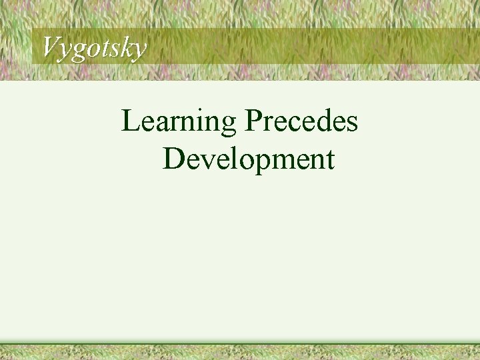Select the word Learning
[179, 123]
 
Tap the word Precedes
[301, 121]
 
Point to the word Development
[248, 159]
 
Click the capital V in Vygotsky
[51, 47]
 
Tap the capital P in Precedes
[253, 121]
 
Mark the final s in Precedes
[352, 124]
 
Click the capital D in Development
[173, 159]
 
